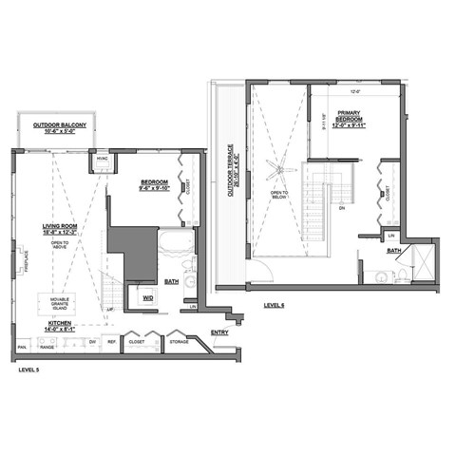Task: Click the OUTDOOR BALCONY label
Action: coord(60,127)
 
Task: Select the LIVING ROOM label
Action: coord(59,229)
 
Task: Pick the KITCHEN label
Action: coord(60,326)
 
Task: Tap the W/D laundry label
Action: coord(148,299)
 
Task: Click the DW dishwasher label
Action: coord(91,341)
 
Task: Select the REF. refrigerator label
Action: coord(111,341)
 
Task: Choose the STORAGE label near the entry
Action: coord(178,341)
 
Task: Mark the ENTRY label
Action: coord(219,332)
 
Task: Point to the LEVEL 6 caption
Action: coord(275,306)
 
